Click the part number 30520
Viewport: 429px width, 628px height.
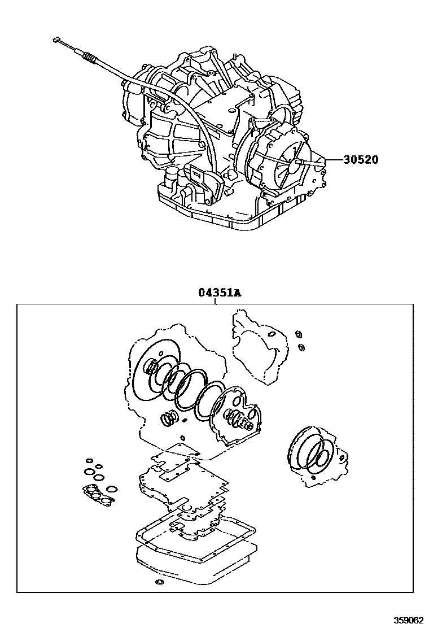pyautogui.click(x=360, y=160)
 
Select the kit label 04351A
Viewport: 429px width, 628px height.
pyautogui.click(x=219, y=293)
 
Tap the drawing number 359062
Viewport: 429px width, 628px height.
pyautogui.click(x=408, y=620)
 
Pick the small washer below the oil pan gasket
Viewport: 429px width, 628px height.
pyautogui.click(x=159, y=582)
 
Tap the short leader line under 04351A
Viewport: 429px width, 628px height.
pyautogui.click(x=215, y=301)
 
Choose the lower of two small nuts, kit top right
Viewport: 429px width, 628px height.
pyautogui.click(x=301, y=346)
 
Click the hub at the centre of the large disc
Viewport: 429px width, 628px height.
pyautogui.click(x=152, y=369)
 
